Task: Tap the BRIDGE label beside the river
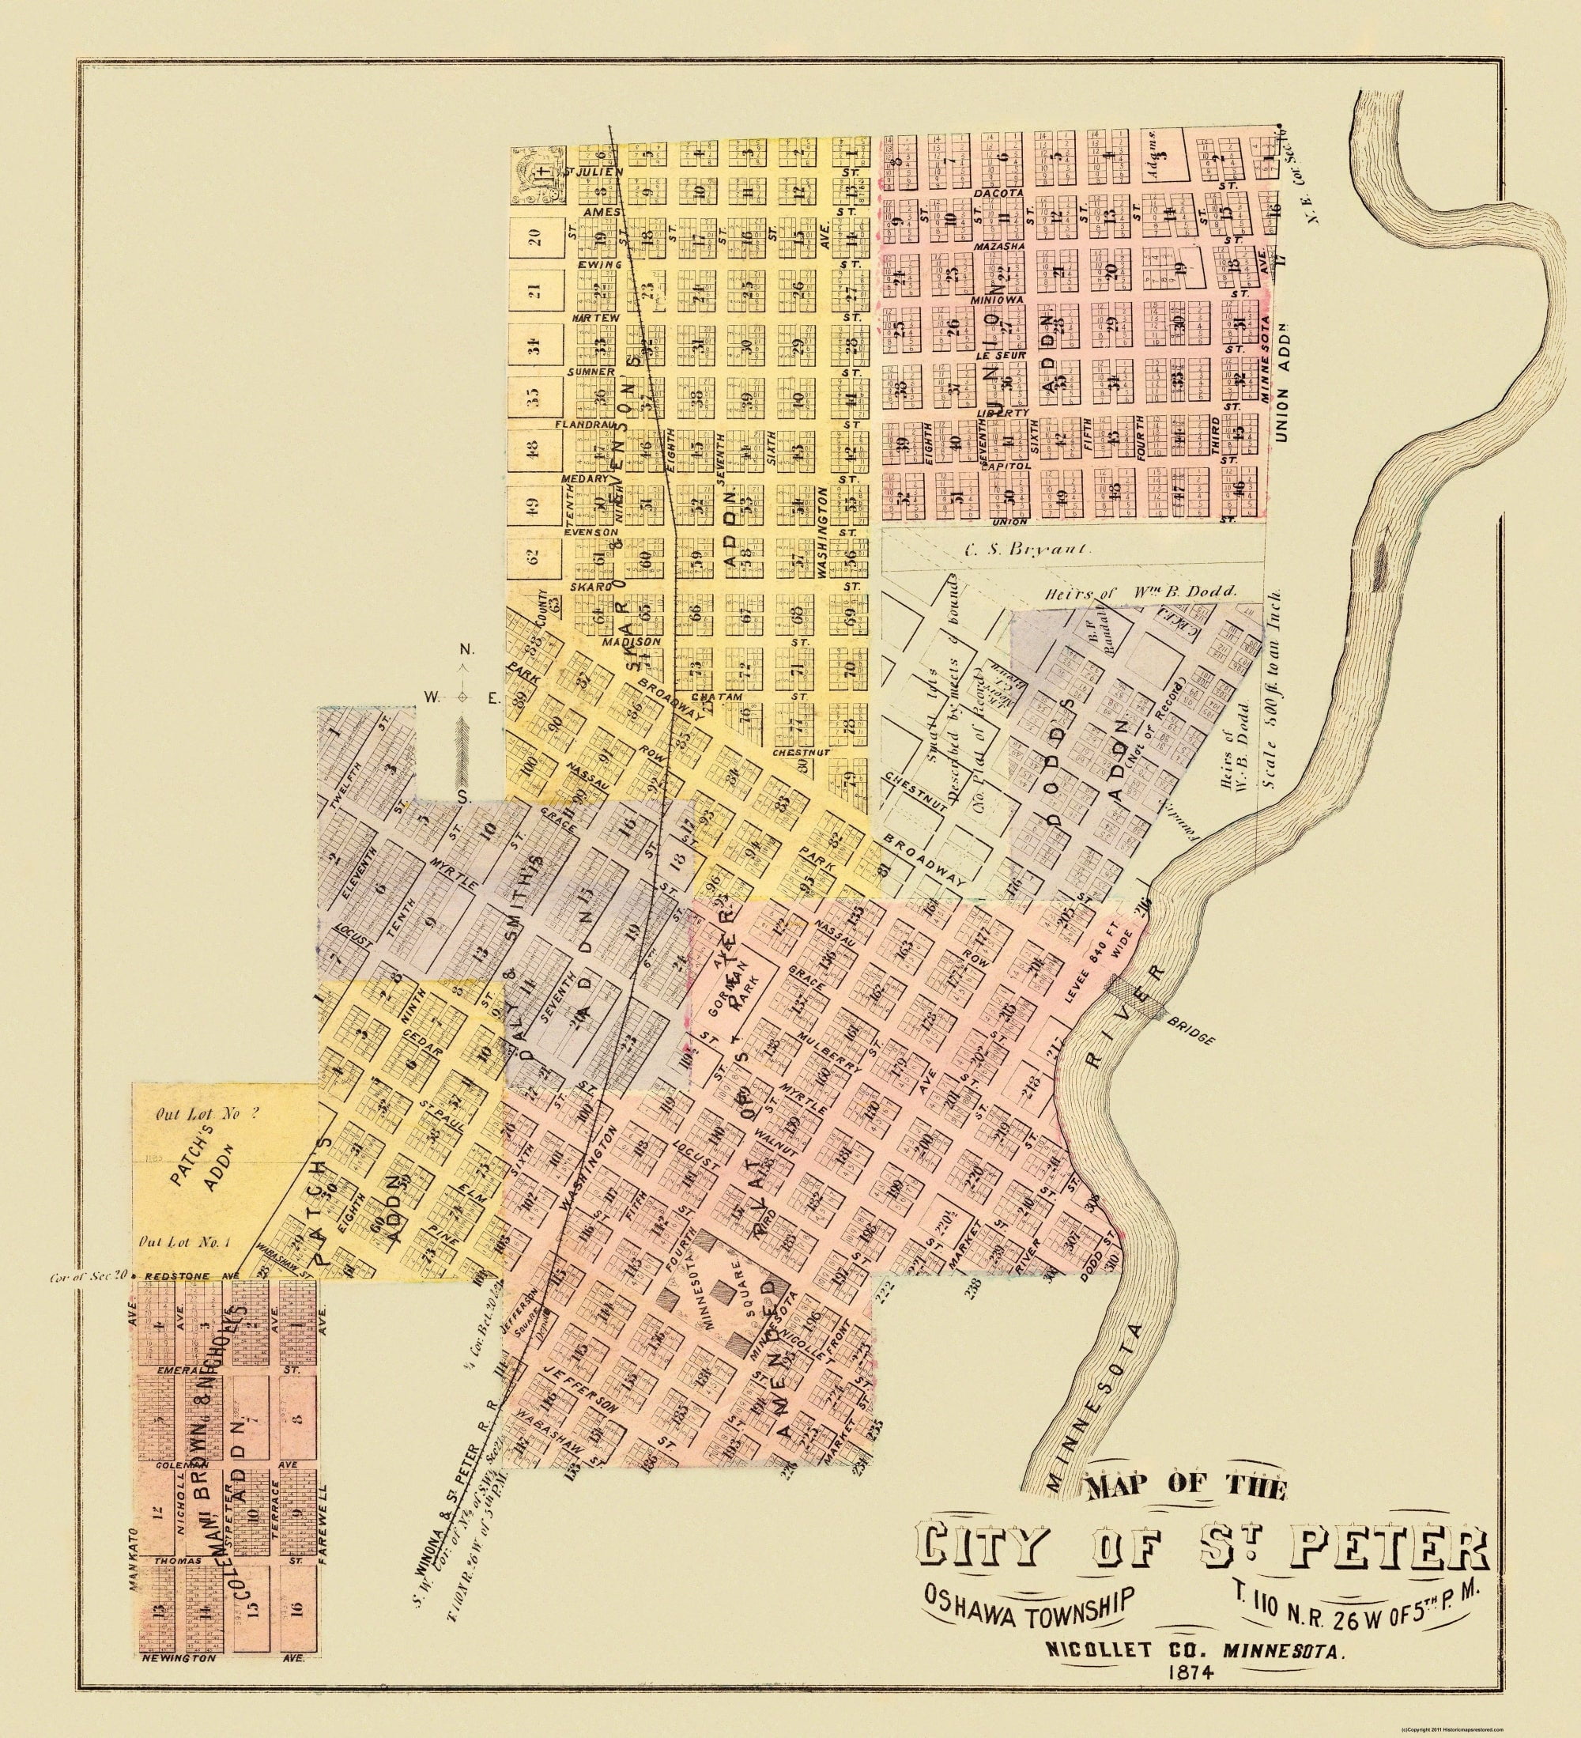[1189, 1034]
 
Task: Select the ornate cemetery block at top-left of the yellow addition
[539, 177]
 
